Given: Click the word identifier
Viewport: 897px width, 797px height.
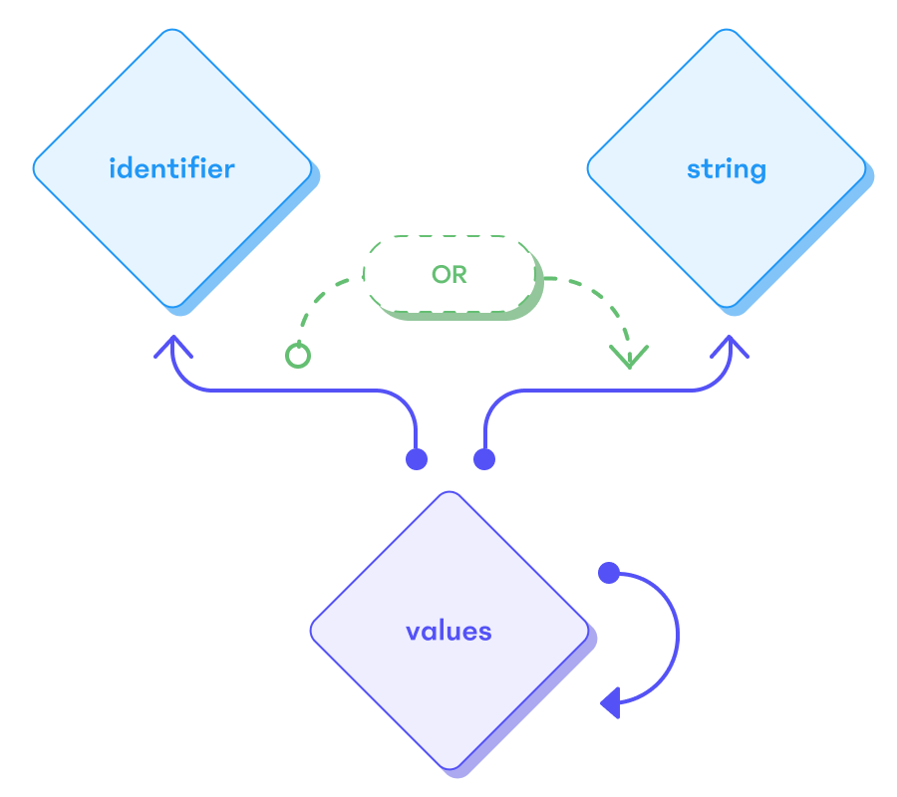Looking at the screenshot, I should coord(171,167).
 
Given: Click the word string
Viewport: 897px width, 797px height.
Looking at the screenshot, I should coord(726,167).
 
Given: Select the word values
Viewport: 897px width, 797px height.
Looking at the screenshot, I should coord(448,631).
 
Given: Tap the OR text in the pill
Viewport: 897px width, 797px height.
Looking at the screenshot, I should coord(448,274).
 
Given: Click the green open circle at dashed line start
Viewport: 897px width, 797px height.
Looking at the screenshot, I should coord(297,356).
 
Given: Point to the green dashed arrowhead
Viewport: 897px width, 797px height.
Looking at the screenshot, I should coord(629,357).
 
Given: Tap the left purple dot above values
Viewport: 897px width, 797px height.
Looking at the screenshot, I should coord(417,459).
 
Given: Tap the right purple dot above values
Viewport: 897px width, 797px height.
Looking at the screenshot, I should coord(484,459).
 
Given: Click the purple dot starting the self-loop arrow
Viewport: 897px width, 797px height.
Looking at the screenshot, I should coord(608,573).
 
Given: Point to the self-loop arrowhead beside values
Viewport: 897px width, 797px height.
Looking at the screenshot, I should coord(610,702).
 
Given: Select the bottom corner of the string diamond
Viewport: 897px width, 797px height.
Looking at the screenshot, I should coord(726,305).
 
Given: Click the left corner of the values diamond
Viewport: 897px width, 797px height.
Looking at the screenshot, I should coord(312,631).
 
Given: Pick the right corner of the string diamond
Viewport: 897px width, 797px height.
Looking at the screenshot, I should coord(863,167).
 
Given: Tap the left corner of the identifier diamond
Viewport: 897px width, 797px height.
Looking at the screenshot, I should coord(35,167).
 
